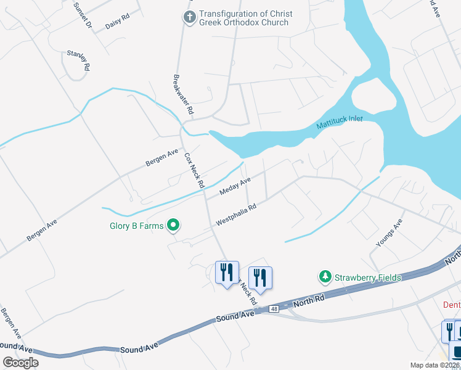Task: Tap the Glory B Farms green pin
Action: (x=174, y=226)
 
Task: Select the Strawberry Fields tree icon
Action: (x=325, y=277)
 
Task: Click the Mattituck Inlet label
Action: (x=340, y=122)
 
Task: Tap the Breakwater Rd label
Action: (x=183, y=94)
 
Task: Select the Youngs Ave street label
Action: (x=390, y=233)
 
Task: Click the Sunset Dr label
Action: (x=82, y=16)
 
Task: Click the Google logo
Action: (x=20, y=363)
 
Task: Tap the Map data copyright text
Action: (x=435, y=365)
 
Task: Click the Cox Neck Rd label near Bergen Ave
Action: (x=194, y=171)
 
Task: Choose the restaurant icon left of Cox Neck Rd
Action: (x=226, y=271)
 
